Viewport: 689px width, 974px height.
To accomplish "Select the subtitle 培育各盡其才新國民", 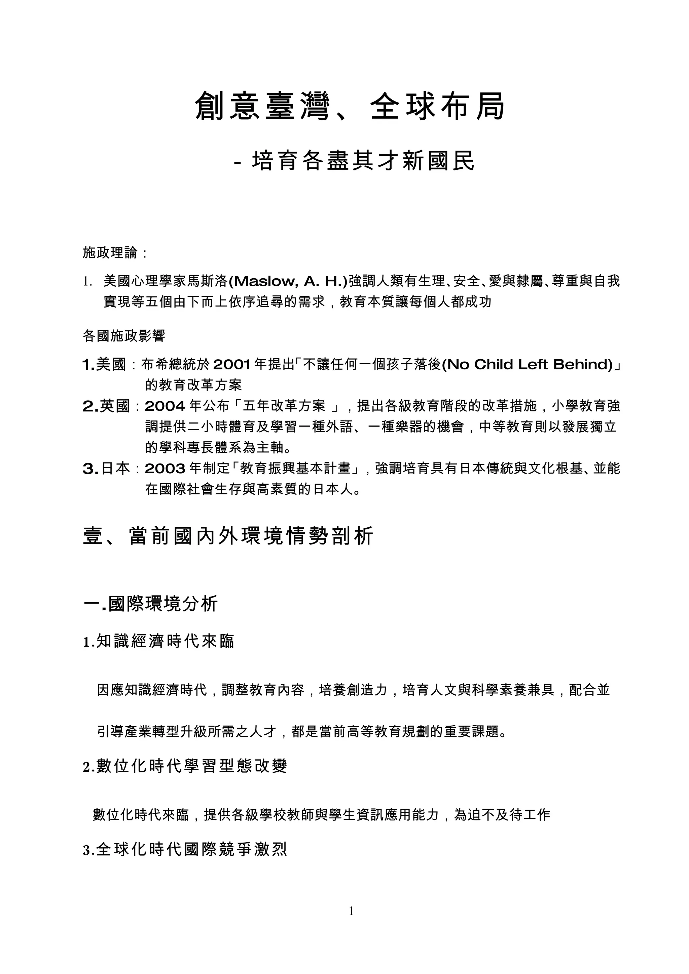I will [x=363, y=162].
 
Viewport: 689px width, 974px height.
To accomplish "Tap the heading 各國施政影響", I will [x=123, y=336].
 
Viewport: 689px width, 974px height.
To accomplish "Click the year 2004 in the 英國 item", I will [x=165, y=406].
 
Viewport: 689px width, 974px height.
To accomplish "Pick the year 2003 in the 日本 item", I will [x=165, y=468].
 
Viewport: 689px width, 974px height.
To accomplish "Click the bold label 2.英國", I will [x=106, y=406].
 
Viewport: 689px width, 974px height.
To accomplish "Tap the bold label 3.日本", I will [x=106, y=468].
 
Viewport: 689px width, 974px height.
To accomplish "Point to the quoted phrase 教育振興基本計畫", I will [x=295, y=468].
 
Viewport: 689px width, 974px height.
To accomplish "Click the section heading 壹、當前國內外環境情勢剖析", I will [x=228, y=536].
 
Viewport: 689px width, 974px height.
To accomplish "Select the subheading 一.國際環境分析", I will [x=151, y=604].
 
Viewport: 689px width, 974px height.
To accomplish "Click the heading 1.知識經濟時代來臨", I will [x=159, y=641].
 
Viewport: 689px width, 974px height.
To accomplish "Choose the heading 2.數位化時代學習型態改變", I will [x=185, y=766].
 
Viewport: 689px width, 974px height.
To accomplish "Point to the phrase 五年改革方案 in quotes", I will [x=284, y=406].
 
